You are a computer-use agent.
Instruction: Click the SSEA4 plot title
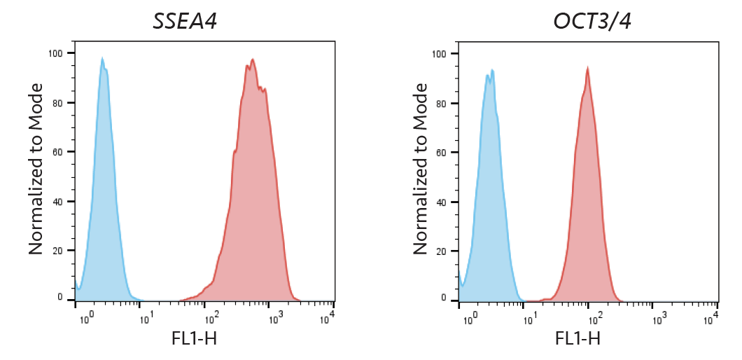click(x=185, y=21)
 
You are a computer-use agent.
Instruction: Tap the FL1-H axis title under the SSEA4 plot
click(x=194, y=339)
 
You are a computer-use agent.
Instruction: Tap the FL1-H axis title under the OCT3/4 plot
click(x=577, y=339)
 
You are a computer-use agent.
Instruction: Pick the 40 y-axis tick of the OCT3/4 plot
click(x=442, y=202)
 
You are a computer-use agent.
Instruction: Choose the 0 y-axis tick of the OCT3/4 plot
click(x=444, y=298)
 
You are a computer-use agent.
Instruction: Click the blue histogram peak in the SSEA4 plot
click(x=102, y=60)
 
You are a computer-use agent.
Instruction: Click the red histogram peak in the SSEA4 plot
click(x=253, y=61)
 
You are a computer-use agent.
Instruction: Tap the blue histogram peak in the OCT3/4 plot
click(x=492, y=71)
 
